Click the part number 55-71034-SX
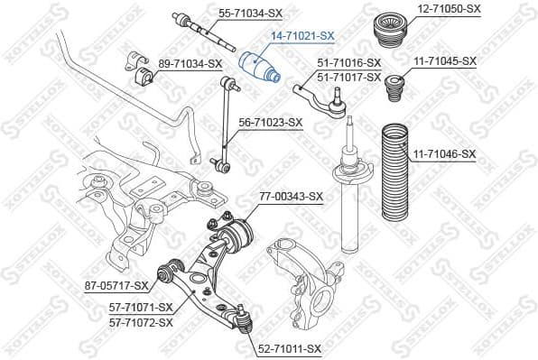tap(250, 14)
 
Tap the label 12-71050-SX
tap(449, 8)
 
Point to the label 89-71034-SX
tap(190, 63)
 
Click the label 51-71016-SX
tap(348, 63)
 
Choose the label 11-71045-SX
tap(445, 61)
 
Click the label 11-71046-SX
tap(444, 154)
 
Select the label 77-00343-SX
tap(291, 196)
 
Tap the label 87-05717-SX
tap(116, 286)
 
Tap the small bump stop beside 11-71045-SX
tap(394, 92)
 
